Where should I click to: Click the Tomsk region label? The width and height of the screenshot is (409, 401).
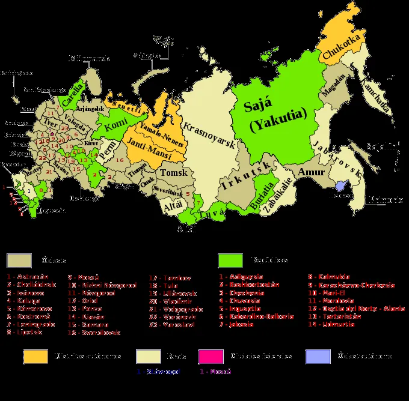(x=174, y=173)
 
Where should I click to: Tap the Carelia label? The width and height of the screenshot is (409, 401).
(x=73, y=98)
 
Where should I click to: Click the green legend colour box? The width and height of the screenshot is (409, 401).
(x=230, y=261)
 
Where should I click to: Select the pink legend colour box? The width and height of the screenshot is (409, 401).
(x=211, y=357)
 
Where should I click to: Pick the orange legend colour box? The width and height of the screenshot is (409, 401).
(x=35, y=357)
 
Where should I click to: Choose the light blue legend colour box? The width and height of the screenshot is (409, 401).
(x=318, y=357)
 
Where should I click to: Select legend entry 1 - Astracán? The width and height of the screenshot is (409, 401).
(x=28, y=277)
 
